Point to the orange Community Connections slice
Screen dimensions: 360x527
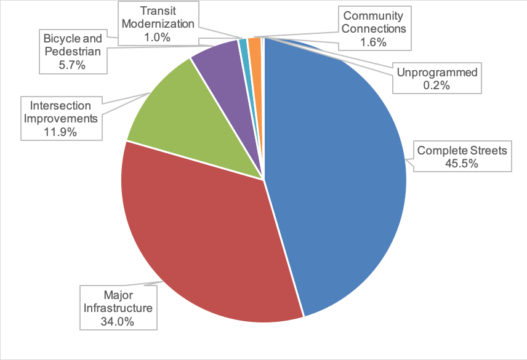click(255, 49)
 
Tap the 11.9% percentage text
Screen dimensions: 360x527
click(60, 132)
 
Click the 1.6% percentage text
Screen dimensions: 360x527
click(373, 42)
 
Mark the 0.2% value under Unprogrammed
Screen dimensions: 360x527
click(436, 86)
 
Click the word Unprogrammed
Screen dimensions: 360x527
click(437, 73)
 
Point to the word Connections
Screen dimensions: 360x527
click(374, 29)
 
